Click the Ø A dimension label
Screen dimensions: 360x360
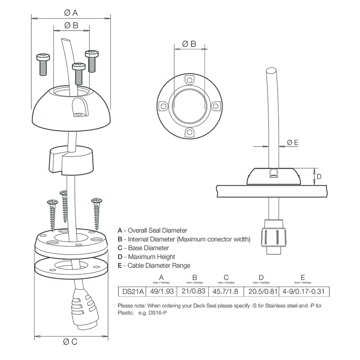coord(71,13)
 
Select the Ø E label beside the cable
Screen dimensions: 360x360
coord(293,143)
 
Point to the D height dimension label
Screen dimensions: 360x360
coord(319,177)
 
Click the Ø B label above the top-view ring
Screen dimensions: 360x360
coord(189,44)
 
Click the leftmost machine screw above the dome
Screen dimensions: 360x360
coord(43,64)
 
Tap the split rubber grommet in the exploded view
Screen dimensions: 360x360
coord(71,159)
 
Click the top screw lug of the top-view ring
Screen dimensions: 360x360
coord(189,79)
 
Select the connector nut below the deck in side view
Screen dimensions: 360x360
coord(276,237)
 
